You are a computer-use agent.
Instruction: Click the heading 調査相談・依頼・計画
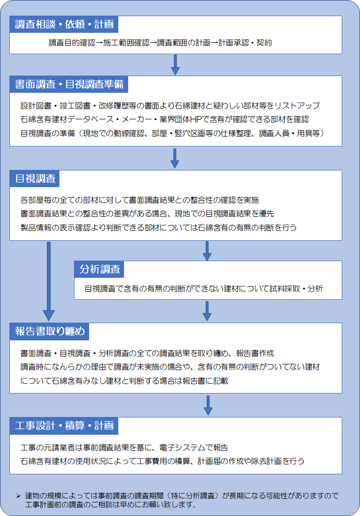(x=64, y=24)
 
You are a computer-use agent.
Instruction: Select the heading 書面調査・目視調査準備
(x=69, y=84)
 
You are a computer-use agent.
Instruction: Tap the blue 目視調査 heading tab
(x=34, y=178)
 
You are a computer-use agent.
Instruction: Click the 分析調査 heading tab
(x=99, y=269)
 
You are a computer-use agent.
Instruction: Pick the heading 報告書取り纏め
(x=49, y=331)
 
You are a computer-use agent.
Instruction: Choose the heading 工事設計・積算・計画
(x=64, y=425)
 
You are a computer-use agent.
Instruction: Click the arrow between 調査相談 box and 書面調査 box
(x=176, y=65)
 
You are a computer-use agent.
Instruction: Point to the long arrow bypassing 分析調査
(x=48, y=281)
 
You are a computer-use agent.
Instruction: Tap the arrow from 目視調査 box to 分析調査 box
(x=207, y=251)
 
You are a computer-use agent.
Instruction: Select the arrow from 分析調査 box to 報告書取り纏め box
(x=207, y=311)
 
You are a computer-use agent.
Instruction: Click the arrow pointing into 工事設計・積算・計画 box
(x=208, y=406)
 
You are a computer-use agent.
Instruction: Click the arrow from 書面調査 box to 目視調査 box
(x=175, y=158)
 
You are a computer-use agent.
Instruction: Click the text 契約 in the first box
(x=264, y=43)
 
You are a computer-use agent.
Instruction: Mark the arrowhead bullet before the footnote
(x=18, y=496)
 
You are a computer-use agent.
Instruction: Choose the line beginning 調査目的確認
(x=160, y=43)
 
